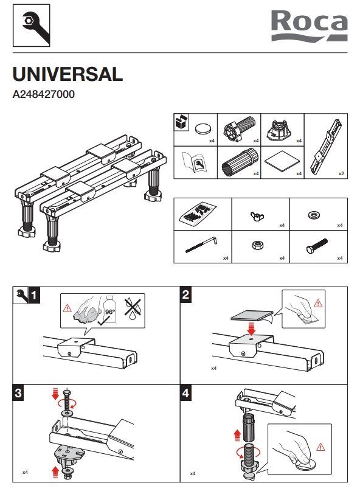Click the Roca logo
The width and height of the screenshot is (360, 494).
[310, 26]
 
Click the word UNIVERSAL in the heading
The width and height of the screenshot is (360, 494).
[67, 74]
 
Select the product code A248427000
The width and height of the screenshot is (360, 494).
[43, 94]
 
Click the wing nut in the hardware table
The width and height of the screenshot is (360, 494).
[257, 216]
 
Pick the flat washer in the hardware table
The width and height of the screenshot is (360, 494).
[314, 215]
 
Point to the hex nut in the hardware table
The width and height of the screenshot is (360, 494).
[258, 245]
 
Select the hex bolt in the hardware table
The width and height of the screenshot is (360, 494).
[317, 246]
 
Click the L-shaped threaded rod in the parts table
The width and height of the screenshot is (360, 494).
[202, 245]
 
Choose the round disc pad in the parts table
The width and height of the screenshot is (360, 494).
[202, 129]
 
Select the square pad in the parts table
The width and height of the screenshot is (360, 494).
[282, 162]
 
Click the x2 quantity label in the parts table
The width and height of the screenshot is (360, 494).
[341, 173]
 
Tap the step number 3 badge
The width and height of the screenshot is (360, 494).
[18, 393]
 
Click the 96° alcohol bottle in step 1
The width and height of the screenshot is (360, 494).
[109, 310]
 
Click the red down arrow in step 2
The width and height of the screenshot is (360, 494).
[251, 329]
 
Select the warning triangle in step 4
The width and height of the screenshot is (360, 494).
[320, 447]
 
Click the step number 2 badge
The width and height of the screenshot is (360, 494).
[186, 295]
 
